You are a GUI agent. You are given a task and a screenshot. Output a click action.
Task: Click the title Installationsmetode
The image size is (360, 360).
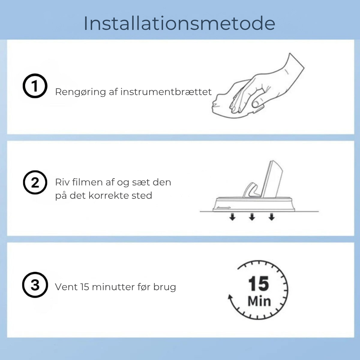click(179, 23)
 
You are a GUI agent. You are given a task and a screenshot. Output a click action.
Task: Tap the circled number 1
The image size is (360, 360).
click(35, 87)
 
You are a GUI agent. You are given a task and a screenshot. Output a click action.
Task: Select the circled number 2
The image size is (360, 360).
click(35, 183)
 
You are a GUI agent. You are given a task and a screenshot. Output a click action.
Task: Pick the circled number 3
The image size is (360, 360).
click(35, 285)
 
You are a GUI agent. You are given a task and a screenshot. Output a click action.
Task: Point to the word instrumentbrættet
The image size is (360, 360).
click(166, 92)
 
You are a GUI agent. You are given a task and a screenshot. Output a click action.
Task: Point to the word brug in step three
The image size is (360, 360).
click(165, 287)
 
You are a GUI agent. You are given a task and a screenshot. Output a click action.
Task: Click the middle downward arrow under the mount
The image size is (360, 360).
click(252, 217)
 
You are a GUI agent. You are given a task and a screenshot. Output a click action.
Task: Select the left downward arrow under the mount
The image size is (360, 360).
click(233, 217)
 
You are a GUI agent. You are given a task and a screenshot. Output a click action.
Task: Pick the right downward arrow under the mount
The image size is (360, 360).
click(271, 217)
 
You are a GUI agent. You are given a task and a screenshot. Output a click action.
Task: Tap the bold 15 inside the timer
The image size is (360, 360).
click(258, 284)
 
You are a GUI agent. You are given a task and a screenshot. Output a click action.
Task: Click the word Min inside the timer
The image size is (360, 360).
click(259, 301)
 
